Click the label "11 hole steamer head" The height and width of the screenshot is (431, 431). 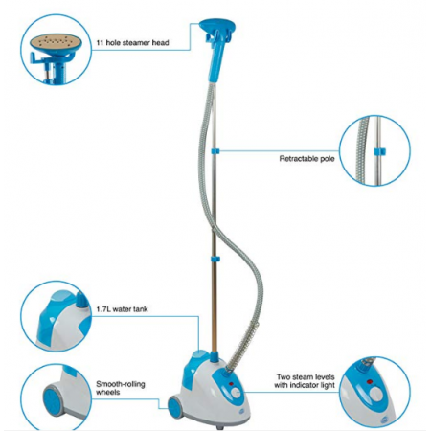pos(132,42)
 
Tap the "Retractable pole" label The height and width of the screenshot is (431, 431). pos(306,159)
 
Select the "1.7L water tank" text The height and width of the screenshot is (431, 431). pos(123,309)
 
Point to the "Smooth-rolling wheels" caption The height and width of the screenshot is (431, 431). pos(121,388)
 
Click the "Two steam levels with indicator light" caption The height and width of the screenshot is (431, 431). pos(305,381)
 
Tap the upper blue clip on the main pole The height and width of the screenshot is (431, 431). pos(215,150)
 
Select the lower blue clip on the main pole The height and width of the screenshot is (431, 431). pos(215,259)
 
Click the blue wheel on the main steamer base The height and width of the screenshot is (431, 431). pos(175,407)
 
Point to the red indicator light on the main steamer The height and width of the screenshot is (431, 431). pos(231,383)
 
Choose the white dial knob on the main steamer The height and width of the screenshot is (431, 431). pos(236,394)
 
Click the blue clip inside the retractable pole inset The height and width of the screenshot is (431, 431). pos(379,151)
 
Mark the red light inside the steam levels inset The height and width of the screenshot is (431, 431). pos(370,381)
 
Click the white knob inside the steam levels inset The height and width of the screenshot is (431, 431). pos(376,395)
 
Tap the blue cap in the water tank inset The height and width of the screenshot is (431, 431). pos(80,300)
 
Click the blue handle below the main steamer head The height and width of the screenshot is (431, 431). pos(216,60)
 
